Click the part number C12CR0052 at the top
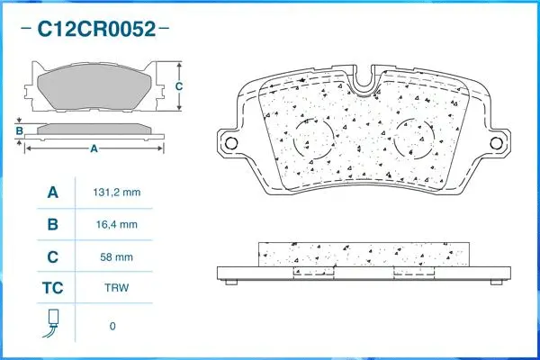[96, 30]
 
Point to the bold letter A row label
[53, 193]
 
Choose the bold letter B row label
[53, 225]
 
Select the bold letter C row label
[53, 257]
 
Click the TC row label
[53, 290]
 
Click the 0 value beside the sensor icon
[112, 326]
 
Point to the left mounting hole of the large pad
[230, 143]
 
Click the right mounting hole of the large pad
[496, 143]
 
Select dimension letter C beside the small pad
[178, 86]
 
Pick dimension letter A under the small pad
[93, 148]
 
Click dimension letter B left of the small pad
[19, 132]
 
